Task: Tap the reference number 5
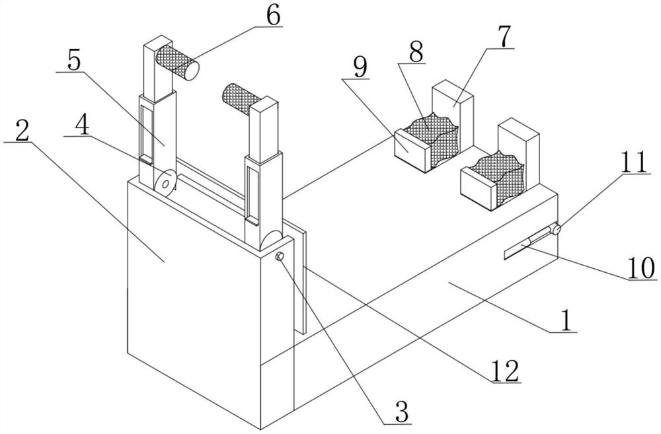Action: point(73,61)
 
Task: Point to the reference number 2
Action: point(21,132)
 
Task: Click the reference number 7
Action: point(504,38)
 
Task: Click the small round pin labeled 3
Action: point(280,256)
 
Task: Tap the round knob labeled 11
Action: point(557,229)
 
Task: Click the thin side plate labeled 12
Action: point(299,277)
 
